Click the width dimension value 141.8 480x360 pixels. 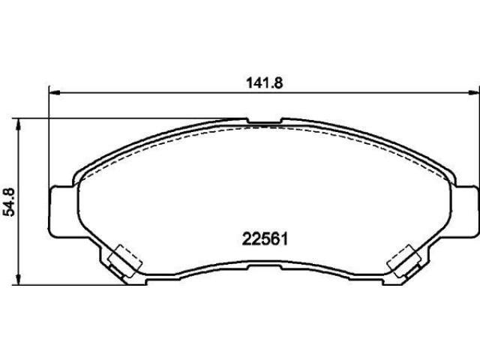click(x=265, y=83)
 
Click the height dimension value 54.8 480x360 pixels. click(x=9, y=202)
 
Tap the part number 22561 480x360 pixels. click(x=265, y=239)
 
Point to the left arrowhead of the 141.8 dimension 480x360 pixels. click(x=55, y=91)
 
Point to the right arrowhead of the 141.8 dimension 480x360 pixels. click(x=474, y=91)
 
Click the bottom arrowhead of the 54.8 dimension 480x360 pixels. click(x=19, y=279)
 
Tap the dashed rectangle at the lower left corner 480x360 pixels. click(x=125, y=261)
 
